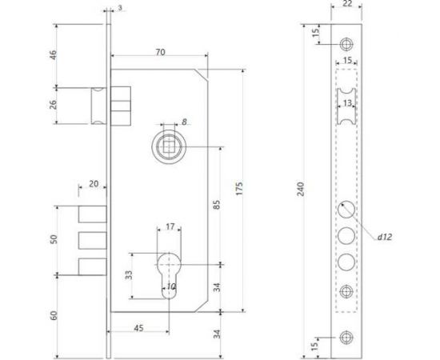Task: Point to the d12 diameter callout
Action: coord(387,236)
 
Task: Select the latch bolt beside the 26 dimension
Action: coord(96,106)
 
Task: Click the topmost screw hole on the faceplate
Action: coord(346,43)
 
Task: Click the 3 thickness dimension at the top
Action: coord(119,8)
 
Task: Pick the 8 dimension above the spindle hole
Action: coord(184,122)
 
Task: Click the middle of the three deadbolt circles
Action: coord(346,237)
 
